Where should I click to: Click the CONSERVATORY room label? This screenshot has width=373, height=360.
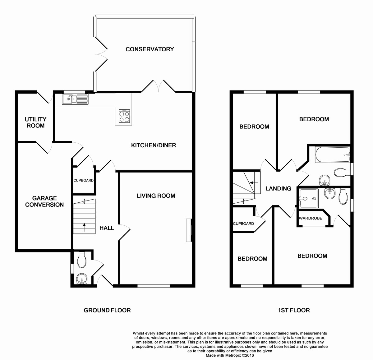pyautogui.click(x=150, y=49)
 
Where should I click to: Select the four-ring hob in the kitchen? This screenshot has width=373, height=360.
pyautogui.click(x=124, y=116)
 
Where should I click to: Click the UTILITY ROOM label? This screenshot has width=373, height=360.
pyautogui.click(x=36, y=122)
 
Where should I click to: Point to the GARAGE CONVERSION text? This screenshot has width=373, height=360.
pyautogui.click(x=44, y=201)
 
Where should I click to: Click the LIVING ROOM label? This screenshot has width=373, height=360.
pyautogui.click(x=156, y=196)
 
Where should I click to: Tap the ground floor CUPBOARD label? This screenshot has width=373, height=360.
pyautogui.click(x=83, y=180)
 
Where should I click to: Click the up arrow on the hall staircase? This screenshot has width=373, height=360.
pyautogui.click(x=84, y=227)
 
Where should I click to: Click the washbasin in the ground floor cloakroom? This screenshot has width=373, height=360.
pyautogui.click(x=82, y=278)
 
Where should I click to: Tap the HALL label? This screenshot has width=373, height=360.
pyautogui.click(x=107, y=228)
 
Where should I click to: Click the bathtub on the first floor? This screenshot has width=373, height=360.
pyautogui.click(x=333, y=155)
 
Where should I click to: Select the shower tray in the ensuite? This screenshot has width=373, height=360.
pyautogui.click(x=309, y=199)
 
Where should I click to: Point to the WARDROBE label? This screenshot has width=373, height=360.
pyautogui.click(x=311, y=218)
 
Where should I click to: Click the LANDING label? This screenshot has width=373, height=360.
pyautogui.click(x=279, y=188)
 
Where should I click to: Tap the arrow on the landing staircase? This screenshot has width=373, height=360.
pyautogui.click(x=254, y=183)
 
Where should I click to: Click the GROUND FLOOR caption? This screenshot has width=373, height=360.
pyautogui.click(x=107, y=310)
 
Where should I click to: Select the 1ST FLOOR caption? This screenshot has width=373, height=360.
pyautogui.click(x=294, y=310)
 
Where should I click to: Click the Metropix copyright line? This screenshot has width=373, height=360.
pyautogui.click(x=230, y=355)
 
